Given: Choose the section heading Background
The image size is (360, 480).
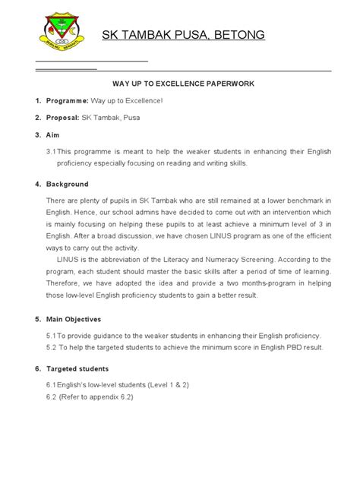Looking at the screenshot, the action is coord(68,184).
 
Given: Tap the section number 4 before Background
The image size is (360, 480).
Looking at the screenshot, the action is coord(38,184).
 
